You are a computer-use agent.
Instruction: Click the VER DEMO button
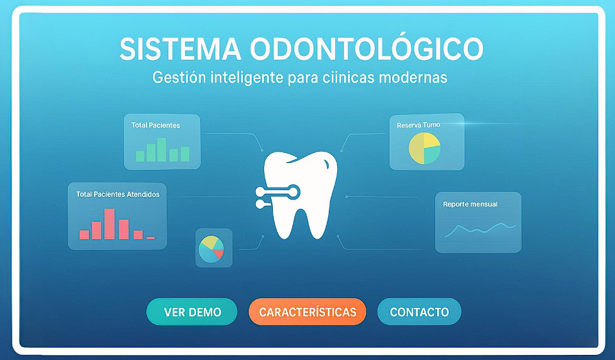click(x=192, y=312)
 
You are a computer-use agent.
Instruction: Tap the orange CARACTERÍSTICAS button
click(x=307, y=312)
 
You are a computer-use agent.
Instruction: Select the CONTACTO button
click(x=419, y=312)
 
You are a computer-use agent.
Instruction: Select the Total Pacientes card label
click(x=155, y=125)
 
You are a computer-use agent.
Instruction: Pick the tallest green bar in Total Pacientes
click(x=162, y=150)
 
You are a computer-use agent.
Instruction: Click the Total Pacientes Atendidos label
click(x=117, y=195)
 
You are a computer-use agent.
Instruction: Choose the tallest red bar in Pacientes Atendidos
click(x=109, y=224)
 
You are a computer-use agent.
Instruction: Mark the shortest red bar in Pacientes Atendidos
click(x=150, y=237)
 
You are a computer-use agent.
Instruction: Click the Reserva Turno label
click(x=418, y=125)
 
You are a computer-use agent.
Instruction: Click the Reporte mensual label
click(x=470, y=204)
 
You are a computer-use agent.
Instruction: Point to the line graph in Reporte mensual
click(x=480, y=229)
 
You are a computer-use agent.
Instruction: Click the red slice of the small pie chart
click(x=218, y=254)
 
